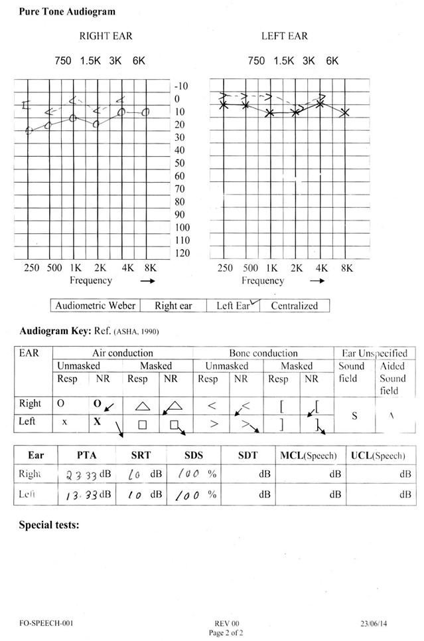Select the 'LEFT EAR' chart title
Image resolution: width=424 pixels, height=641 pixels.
285,37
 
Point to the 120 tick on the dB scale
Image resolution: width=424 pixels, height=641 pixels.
181,253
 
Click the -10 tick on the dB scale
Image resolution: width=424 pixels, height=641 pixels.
180,86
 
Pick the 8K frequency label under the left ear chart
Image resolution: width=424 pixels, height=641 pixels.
346,268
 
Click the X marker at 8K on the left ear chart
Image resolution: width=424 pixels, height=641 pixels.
344,114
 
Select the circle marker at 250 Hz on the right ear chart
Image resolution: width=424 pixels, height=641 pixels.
29,130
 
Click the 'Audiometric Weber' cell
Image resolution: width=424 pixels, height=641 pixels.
95,306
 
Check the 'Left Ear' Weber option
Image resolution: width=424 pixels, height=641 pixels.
233,306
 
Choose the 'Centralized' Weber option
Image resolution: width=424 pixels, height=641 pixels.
294,306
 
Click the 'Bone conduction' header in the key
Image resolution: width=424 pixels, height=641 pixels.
263,353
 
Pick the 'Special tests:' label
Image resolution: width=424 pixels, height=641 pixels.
49,525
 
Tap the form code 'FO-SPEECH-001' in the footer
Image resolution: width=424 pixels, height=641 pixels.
46,623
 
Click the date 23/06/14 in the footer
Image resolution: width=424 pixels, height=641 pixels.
376,623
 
